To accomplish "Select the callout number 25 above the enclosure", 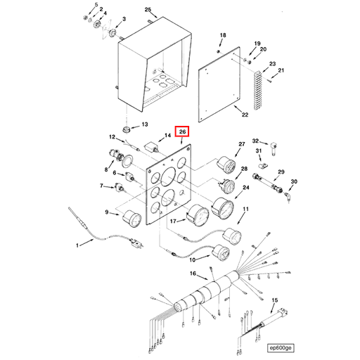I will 148,10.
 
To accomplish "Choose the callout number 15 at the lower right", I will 275,300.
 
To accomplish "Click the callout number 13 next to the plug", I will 146,124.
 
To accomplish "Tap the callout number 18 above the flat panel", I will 223,34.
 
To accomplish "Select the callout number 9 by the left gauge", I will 107,212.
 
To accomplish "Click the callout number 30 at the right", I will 294,182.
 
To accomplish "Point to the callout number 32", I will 256,141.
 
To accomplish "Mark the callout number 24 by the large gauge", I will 246,188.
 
